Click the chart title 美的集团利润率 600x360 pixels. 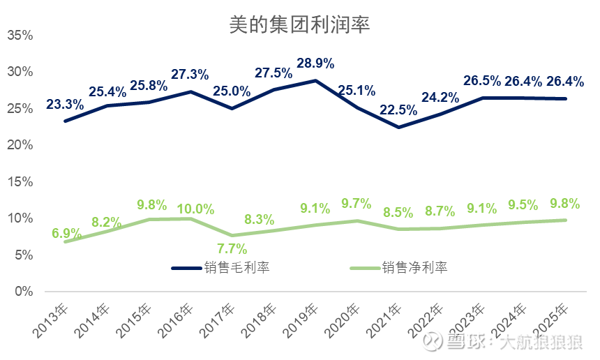coord(300,25)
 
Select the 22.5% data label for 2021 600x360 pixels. coord(398,110)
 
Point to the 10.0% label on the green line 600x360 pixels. coord(195,209)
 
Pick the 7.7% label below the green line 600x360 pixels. coord(232,248)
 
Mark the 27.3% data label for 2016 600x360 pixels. coord(190,74)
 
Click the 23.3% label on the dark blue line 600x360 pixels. coord(65,105)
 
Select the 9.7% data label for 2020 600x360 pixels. coord(356,204)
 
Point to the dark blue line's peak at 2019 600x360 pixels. coord(315,81)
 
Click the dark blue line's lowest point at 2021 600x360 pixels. coord(398,127)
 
